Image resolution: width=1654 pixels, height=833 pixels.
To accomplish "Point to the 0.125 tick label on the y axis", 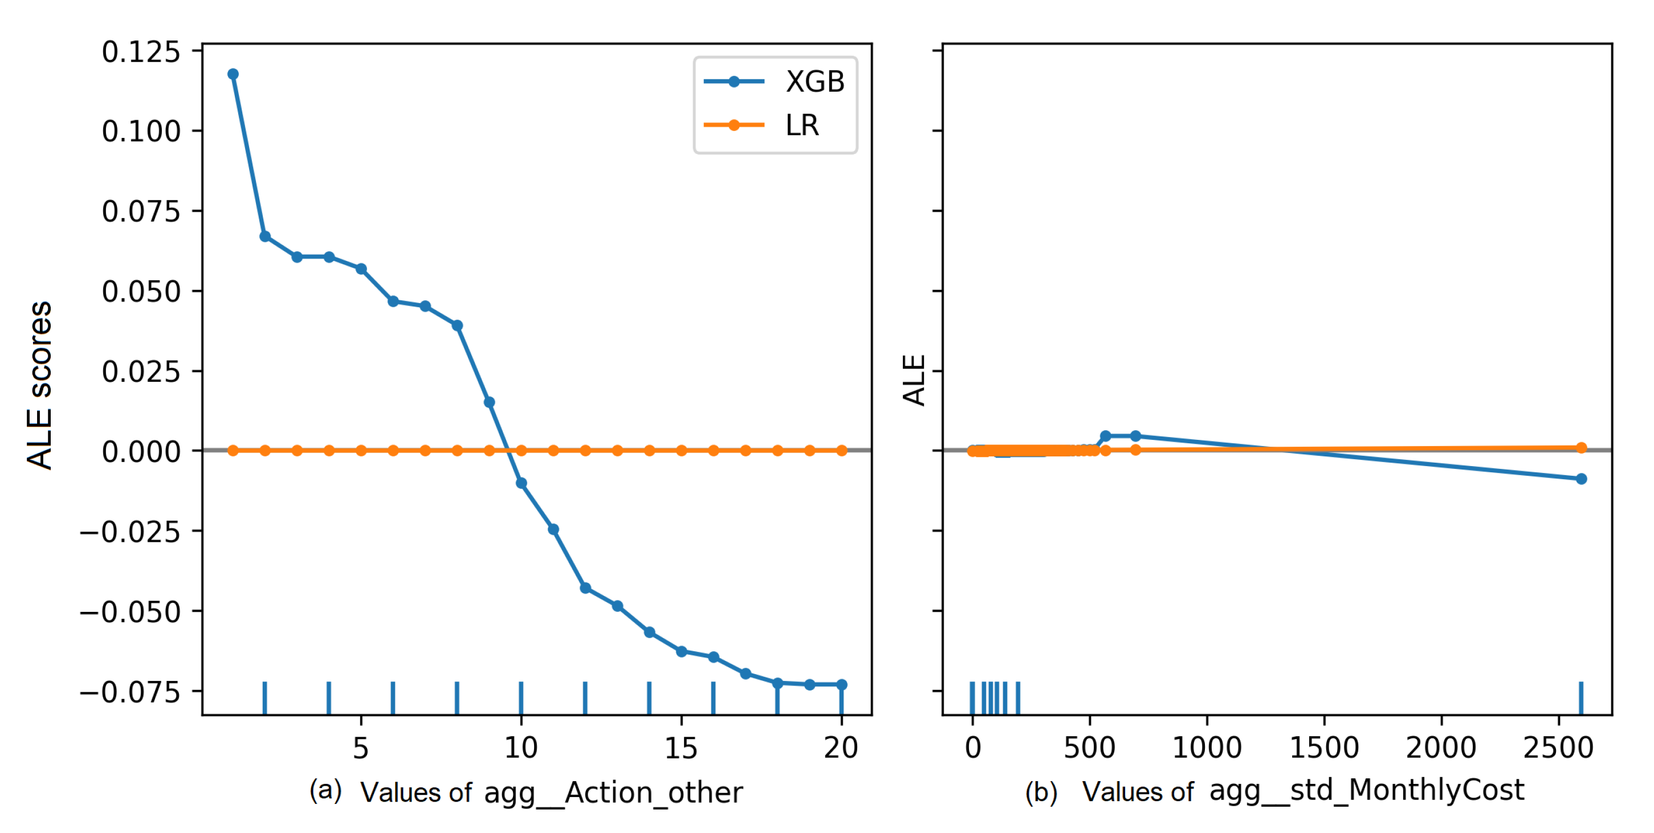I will (x=141, y=52).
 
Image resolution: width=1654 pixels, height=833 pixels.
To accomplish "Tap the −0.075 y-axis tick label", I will (x=131, y=692).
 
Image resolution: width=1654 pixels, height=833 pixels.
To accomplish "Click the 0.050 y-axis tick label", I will (x=141, y=291).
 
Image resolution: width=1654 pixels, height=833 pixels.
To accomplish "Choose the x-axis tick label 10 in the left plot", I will (x=521, y=748).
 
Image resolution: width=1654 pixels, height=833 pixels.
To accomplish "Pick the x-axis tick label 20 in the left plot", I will (x=841, y=748).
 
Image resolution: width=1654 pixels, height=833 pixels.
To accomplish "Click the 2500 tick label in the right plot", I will (x=1558, y=748).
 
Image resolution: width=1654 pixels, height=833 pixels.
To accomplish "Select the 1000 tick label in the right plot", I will (x=1207, y=748).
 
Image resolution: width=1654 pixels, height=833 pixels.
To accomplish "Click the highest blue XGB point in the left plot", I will (x=233, y=75).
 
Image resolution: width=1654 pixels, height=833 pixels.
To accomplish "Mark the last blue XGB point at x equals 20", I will (x=842, y=685).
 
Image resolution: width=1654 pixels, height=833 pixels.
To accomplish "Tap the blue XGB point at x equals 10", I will (x=522, y=483).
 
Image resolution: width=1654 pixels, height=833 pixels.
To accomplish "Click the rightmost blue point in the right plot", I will (x=1582, y=479).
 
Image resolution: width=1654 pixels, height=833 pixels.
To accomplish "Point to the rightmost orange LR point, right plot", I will (x=1582, y=448).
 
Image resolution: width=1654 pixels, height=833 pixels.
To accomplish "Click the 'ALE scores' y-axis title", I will (x=40, y=385).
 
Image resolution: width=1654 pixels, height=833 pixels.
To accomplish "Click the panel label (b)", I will (x=1041, y=792).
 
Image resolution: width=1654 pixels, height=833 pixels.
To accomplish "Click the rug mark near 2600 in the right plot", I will (x=1581, y=697).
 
